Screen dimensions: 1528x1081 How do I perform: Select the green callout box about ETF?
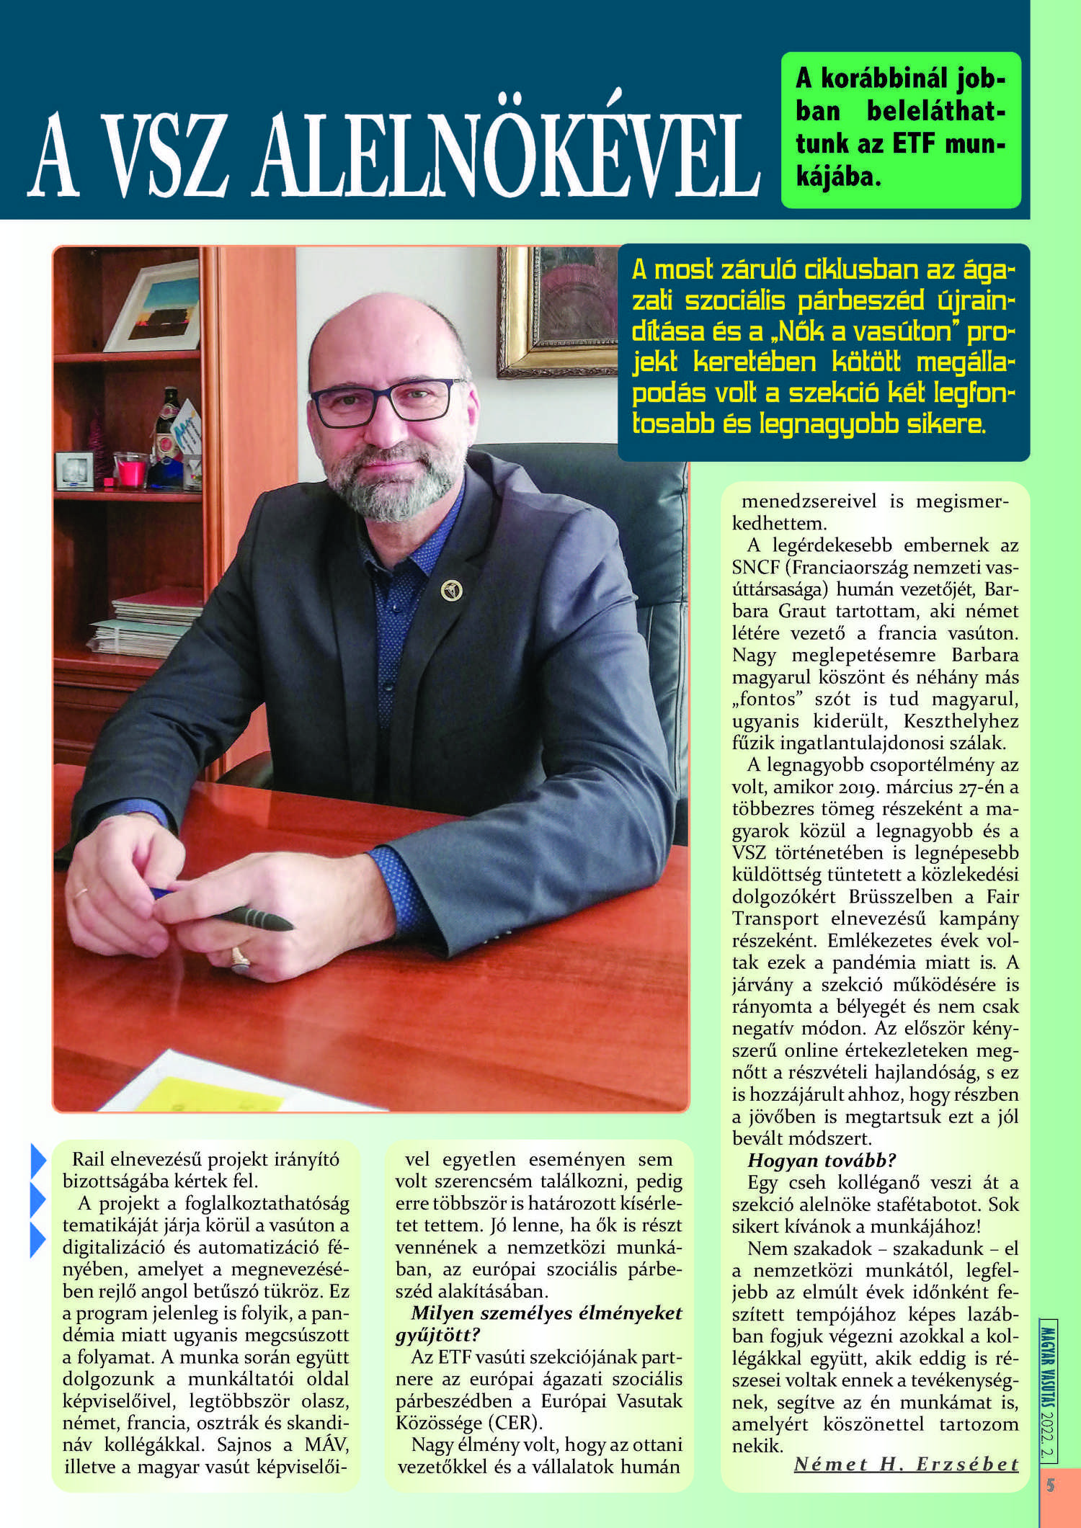(901, 130)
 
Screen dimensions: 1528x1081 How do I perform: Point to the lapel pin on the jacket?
(451, 590)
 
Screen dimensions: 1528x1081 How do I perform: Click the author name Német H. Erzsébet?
(906, 1464)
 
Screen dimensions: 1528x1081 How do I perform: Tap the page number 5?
(1051, 1485)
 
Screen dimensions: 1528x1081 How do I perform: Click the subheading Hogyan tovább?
(822, 1161)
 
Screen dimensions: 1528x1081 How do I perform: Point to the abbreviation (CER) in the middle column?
(518, 1424)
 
